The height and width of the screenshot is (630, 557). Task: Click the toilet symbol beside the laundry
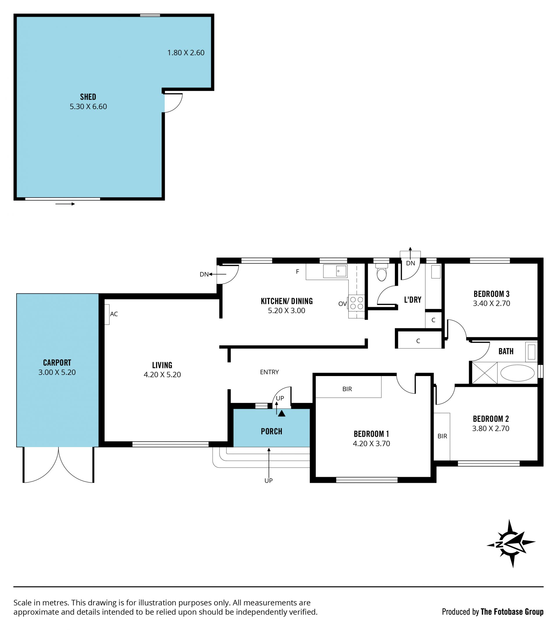[x=381, y=272]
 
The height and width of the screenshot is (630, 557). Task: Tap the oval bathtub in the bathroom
[x=517, y=373]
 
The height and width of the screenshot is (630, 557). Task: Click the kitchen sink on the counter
[x=335, y=271]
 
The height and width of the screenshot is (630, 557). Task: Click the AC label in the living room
[x=114, y=314]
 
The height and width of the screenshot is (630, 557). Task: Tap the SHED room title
[x=88, y=97]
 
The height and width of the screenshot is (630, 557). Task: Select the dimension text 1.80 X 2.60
[x=186, y=53]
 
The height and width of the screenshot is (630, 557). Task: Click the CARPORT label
[x=57, y=362]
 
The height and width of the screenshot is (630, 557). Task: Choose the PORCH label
[x=272, y=431]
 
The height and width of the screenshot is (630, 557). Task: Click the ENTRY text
[x=269, y=372]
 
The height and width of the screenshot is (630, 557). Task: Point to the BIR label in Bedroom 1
[x=347, y=389]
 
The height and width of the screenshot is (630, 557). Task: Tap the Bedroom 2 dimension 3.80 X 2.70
[x=490, y=428]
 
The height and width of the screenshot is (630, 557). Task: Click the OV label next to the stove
[x=342, y=304]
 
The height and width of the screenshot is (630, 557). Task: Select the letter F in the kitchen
[x=298, y=272]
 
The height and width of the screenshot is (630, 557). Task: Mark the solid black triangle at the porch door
[x=281, y=413]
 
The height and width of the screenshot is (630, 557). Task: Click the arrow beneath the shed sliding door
[x=65, y=204]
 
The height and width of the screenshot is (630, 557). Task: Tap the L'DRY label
[x=413, y=299]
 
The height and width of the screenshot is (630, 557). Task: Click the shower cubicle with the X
[x=484, y=373]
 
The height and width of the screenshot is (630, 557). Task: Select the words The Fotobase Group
[x=512, y=611]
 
